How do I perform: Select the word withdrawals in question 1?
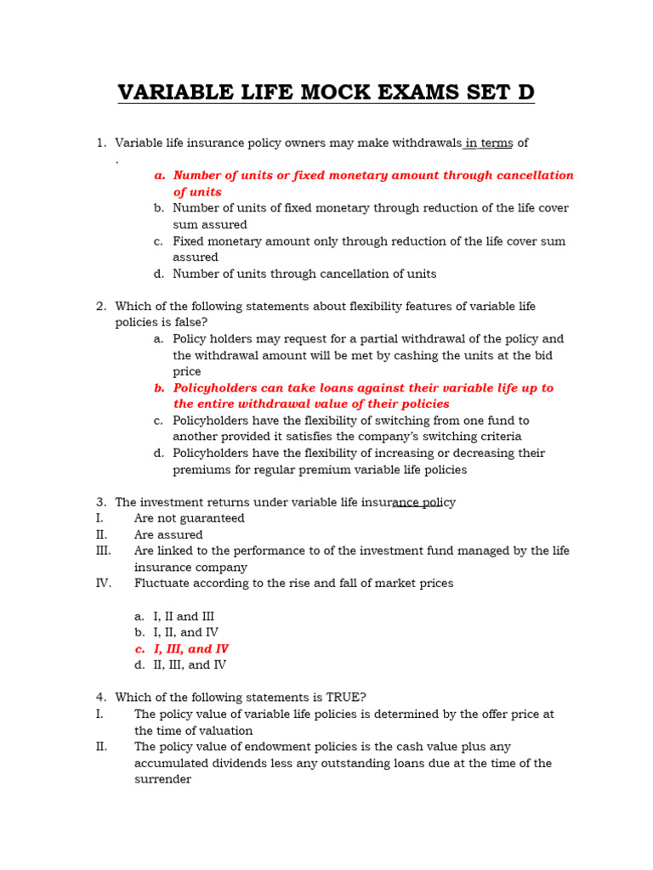420,143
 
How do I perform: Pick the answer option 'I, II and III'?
184,617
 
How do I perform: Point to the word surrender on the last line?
162,780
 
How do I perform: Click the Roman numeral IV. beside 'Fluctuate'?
104,584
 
